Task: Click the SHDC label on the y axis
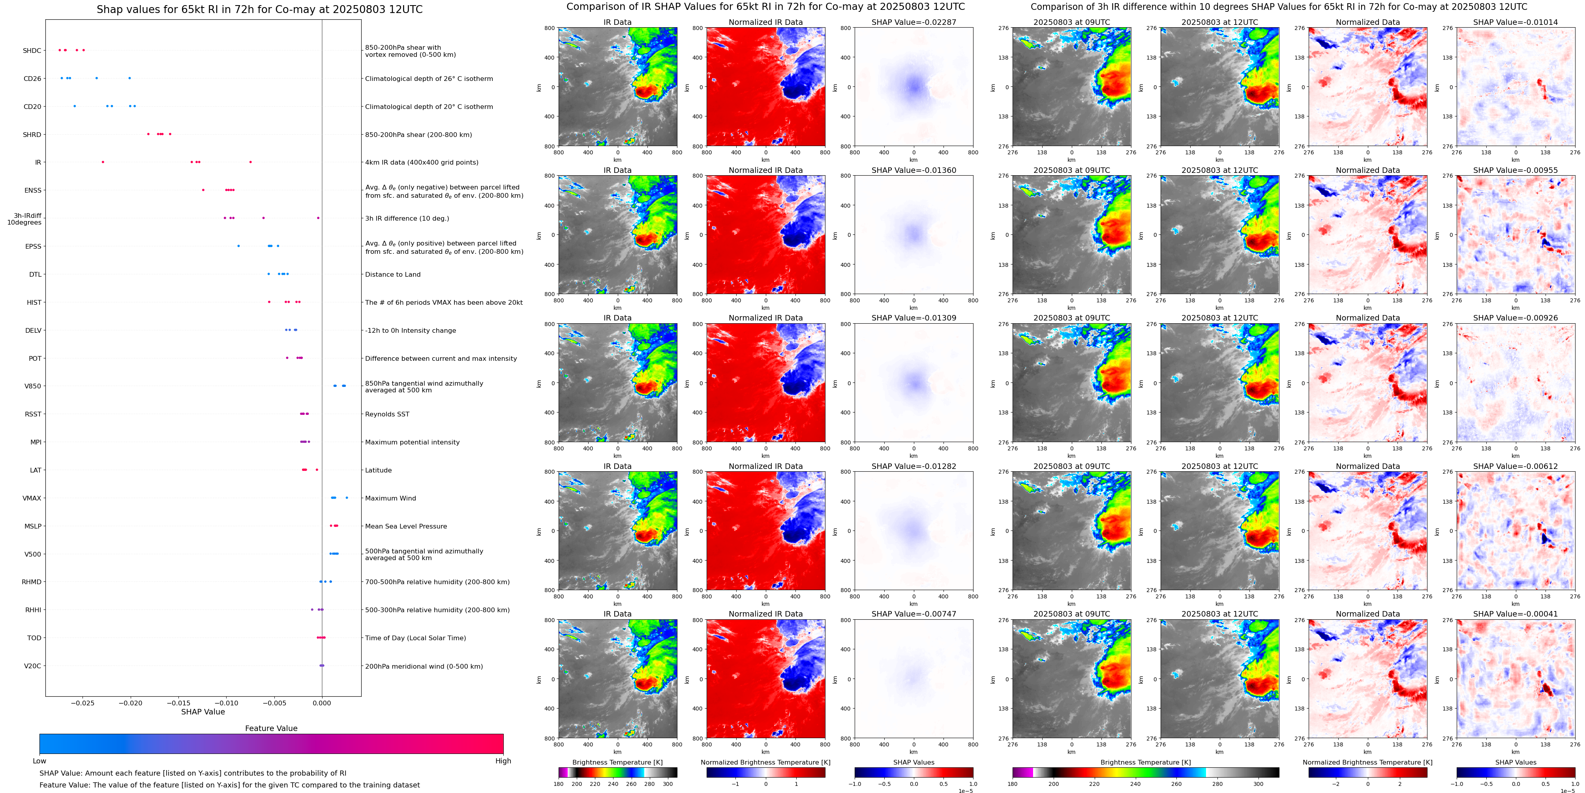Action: click(32, 51)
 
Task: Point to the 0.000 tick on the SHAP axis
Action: click(322, 703)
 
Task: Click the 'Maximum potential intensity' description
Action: click(412, 442)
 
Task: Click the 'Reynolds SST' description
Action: click(387, 414)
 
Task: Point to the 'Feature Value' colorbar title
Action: click(271, 728)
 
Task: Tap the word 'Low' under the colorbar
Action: click(39, 761)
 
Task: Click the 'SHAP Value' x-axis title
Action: click(203, 712)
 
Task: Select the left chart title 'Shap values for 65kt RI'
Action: click(259, 9)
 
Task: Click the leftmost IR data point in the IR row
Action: click(103, 162)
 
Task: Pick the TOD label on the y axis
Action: click(34, 638)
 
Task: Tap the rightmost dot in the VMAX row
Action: click(347, 498)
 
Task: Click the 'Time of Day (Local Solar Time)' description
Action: click(415, 638)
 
